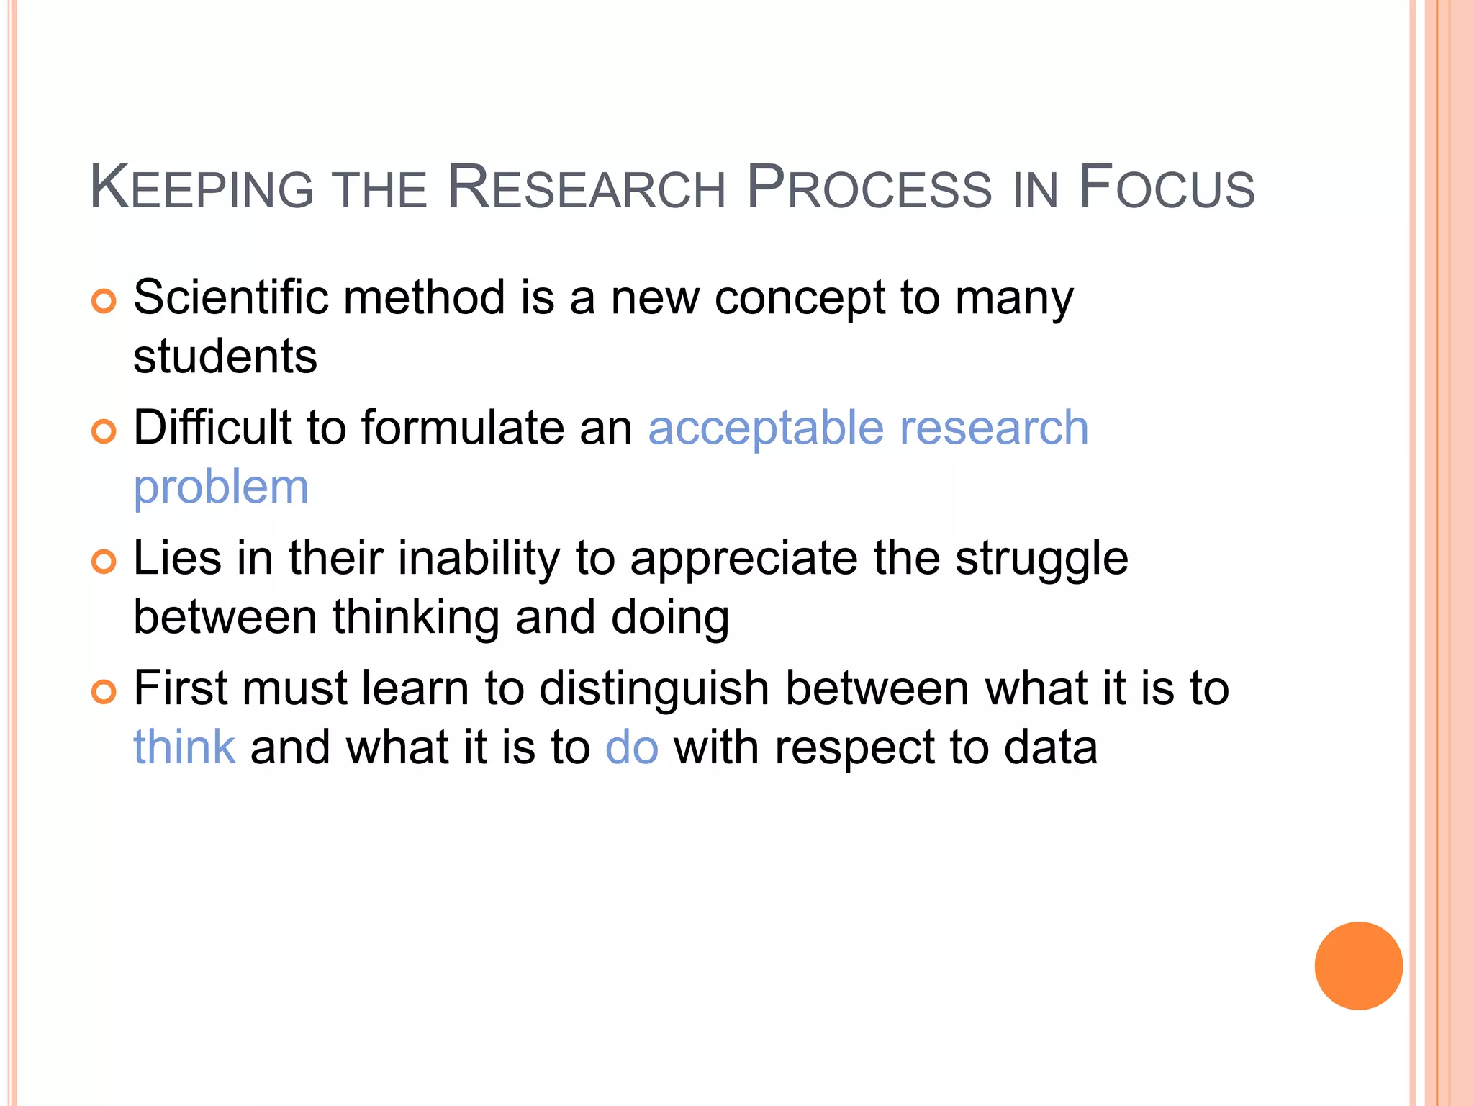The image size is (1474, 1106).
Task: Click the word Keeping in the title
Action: [x=202, y=188]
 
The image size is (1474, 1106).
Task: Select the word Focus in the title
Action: [x=1166, y=188]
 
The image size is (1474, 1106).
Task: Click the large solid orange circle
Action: [x=1358, y=966]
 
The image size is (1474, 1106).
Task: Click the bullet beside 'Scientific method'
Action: [x=104, y=301]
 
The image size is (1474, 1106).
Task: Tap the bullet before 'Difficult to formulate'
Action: [x=104, y=431]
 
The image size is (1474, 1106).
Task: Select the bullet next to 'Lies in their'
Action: [x=104, y=562]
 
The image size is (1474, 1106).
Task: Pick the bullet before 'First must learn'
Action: [x=104, y=692]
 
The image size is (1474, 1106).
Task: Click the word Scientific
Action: [x=231, y=297]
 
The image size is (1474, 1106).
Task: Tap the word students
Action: [x=225, y=356]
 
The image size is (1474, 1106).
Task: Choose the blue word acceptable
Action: [x=766, y=428]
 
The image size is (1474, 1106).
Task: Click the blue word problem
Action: [x=221, y=488]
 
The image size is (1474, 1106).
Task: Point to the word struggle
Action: [x=1041, y=559]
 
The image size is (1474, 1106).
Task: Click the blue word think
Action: [x=184, y=747]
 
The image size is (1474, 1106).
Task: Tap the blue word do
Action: [x=632, y=747]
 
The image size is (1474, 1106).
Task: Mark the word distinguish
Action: [x=654, y=690]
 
